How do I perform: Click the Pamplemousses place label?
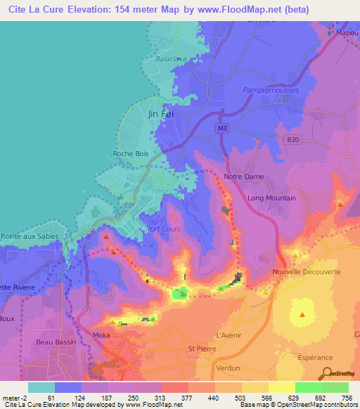pyautogui.click(x=271, y=91)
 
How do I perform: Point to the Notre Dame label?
pyautogui.click(x=242, y=176)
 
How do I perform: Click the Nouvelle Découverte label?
pyautogui.click(x=307, y=271)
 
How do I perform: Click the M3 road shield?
pyautogui.click(x=222, y=128)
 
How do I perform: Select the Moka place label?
pyautogui.click(x=102, y=336)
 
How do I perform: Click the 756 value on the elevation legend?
pyautogui.click(x=347, y=397)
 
